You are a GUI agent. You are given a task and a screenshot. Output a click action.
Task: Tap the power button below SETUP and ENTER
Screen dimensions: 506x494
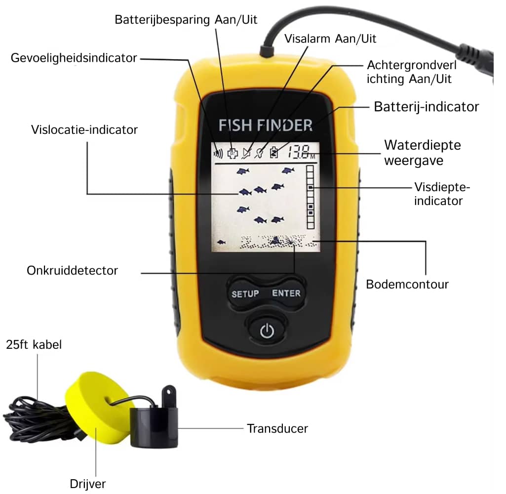coord(267,330)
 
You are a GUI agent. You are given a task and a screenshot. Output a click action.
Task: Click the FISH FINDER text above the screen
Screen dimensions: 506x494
coord(265,125)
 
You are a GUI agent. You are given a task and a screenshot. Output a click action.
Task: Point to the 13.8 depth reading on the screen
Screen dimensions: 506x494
coord(299,152)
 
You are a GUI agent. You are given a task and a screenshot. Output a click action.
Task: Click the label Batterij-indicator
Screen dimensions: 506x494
coord(427,107)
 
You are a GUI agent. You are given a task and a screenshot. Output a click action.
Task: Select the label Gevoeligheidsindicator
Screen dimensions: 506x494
coord(74,58)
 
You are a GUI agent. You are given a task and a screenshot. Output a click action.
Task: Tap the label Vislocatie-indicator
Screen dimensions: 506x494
coord(84,129)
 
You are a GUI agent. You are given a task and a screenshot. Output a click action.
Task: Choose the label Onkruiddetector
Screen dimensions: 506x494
coord(72,271)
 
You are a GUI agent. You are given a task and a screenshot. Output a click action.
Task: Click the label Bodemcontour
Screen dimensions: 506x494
coord(407,284)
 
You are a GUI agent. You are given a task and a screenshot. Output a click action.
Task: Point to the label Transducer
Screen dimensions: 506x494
coord(277,428)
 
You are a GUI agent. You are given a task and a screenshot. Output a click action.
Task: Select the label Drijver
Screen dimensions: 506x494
coord(88,484)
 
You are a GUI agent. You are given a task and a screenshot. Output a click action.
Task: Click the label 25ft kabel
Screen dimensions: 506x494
coord(34,344)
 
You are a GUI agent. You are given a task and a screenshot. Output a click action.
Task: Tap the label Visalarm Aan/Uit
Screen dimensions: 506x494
coord(330,39)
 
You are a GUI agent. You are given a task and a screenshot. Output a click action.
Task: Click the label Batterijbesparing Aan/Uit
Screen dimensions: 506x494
coord(186,20)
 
